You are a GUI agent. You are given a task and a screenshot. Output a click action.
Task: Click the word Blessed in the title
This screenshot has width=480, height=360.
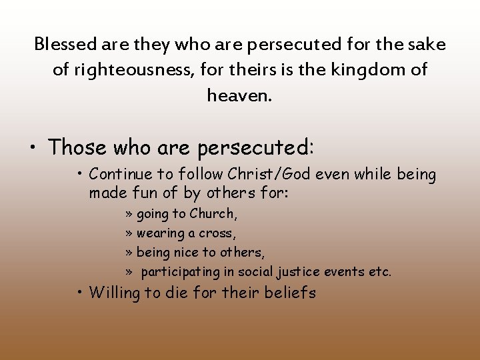[x=65, y=45]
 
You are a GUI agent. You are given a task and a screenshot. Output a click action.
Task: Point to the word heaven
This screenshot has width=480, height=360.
[x=239, y=95]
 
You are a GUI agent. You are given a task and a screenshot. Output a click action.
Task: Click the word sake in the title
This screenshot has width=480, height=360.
[x=425, y=45]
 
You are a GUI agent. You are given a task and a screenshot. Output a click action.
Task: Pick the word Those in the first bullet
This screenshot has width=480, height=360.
[x=78, y=147]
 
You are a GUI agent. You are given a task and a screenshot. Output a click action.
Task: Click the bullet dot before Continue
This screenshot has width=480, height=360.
[x=79, y=175]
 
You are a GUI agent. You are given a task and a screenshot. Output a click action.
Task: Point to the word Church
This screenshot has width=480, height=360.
[x=213, y=214]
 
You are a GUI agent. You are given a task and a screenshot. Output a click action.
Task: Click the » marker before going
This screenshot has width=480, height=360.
[x=129, y=215]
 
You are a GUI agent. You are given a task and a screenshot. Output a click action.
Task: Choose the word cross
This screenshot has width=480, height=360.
[x=217, y=233]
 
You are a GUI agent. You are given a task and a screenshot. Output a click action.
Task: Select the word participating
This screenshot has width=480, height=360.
[x=180, y=272]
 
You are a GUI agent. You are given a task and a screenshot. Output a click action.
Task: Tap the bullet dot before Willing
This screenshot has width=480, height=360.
[x=79, y=293]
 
